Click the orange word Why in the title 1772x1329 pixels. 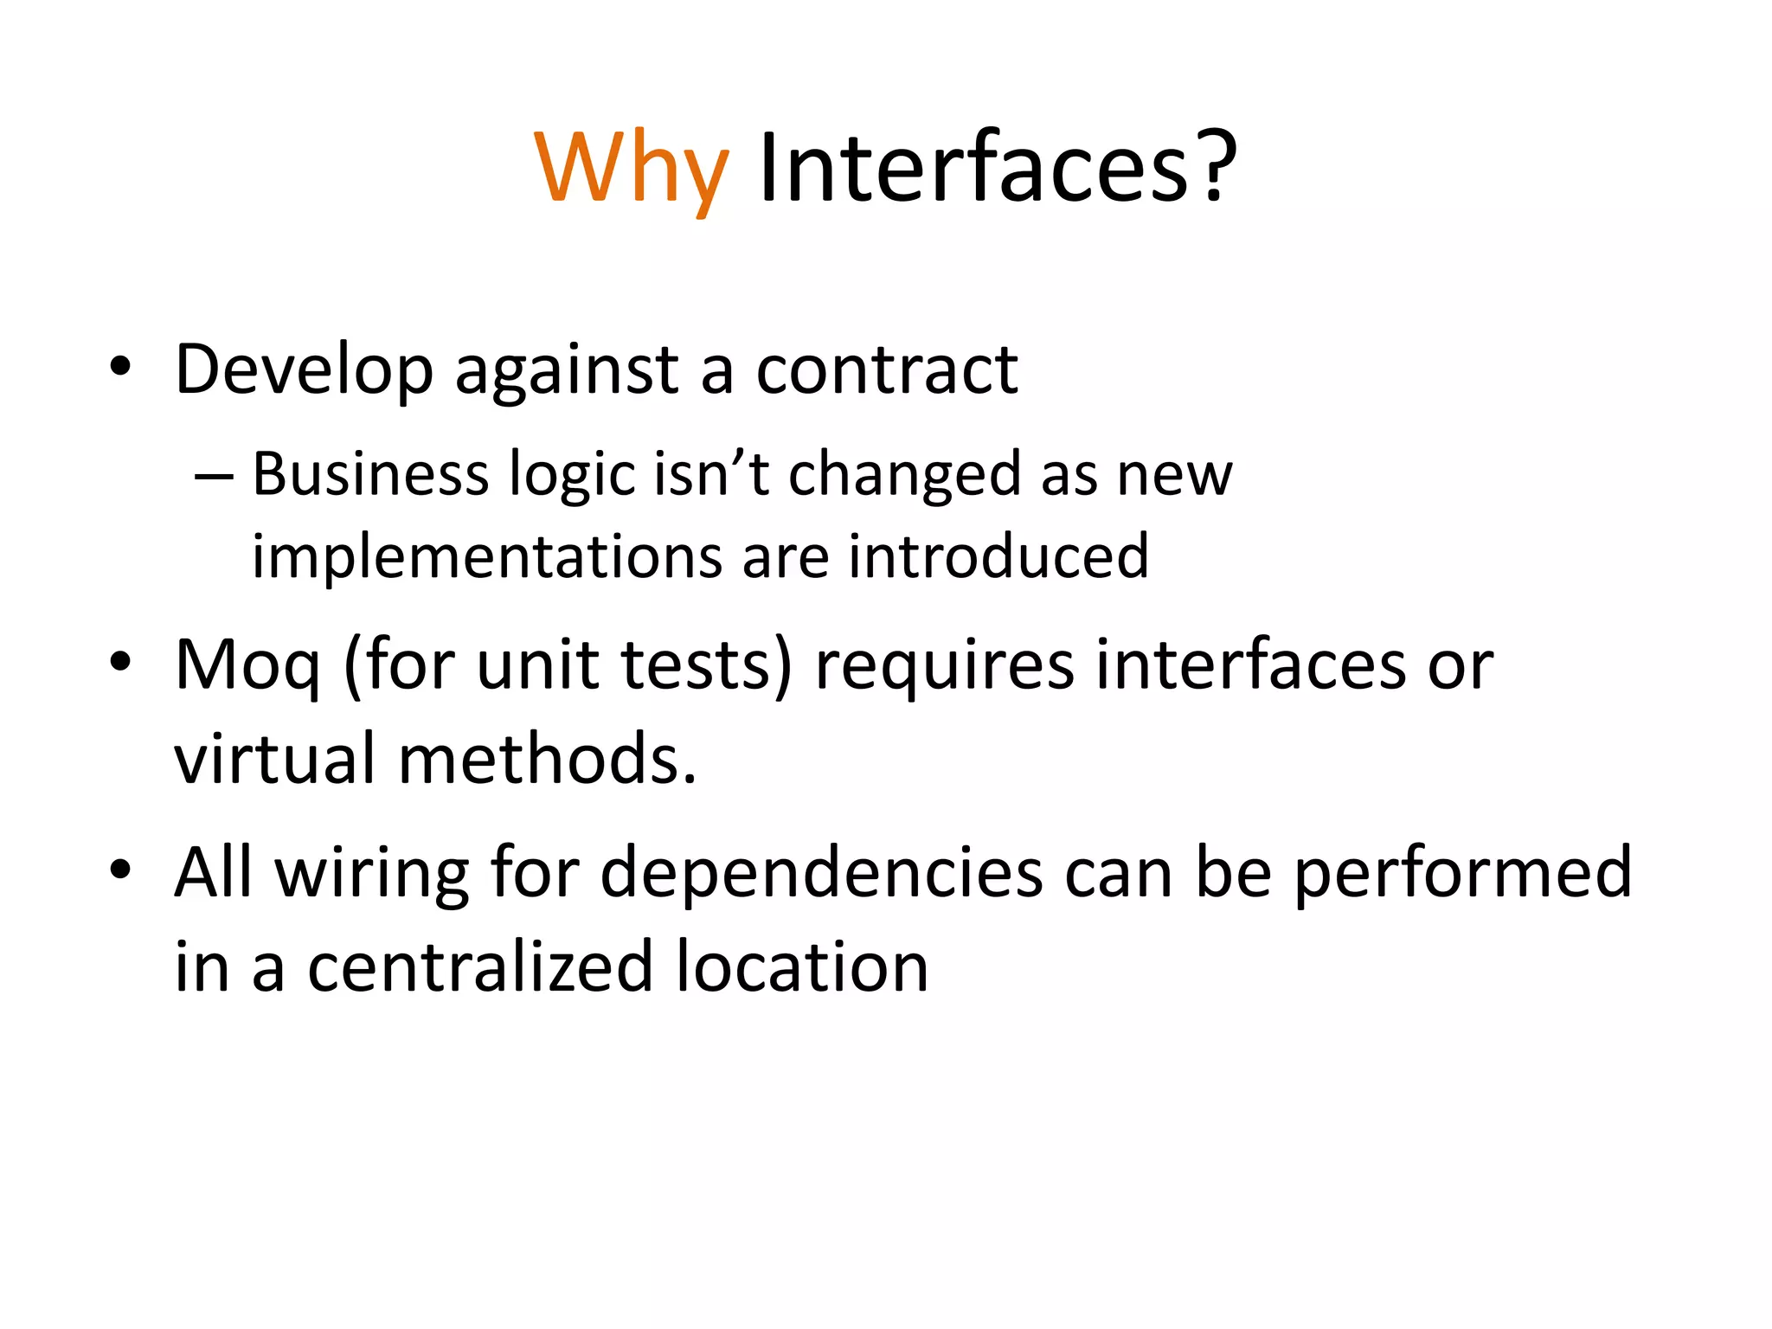[632, 169]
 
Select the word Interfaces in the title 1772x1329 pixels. [973, 169]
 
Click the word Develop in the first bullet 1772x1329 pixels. [304, 370]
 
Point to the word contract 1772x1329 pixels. [887, 370]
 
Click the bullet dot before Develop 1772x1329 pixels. [120, 368]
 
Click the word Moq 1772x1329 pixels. [247, 666]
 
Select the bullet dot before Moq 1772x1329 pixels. [120, 662]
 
